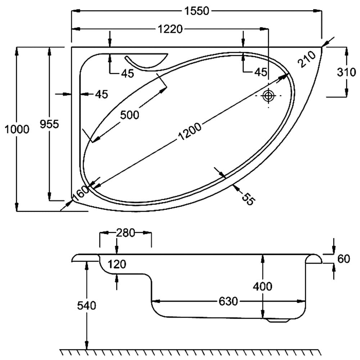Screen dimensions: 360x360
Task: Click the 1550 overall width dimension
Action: point(197,11)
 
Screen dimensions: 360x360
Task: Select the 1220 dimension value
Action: point(170,29)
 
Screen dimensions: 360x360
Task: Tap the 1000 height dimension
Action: point(17,129)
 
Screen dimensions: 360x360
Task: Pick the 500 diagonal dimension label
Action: point(129,115)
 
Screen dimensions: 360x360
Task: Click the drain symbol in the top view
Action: point(269,96)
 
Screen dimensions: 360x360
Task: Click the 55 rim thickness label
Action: point(247,198)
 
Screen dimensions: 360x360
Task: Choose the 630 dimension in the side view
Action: point(228,301)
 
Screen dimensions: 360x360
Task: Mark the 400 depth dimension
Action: point(262,287)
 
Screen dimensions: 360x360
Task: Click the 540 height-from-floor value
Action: point(87,306)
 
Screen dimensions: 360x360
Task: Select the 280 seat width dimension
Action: point(125,233)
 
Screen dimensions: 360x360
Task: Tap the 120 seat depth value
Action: point(117,265)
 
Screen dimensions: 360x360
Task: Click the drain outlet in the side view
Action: point(279,320)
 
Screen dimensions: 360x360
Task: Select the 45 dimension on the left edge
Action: point(102,94)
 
